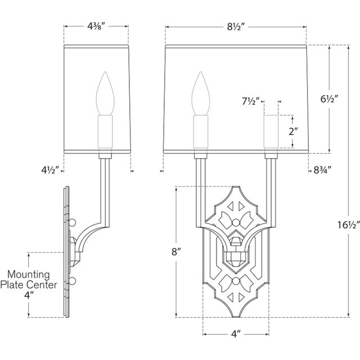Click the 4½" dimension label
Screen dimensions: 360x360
[49, 168]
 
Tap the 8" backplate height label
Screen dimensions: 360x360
[175, 253]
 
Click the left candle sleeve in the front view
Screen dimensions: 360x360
[201, 132]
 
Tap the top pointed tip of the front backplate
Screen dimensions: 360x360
[236, 187]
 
